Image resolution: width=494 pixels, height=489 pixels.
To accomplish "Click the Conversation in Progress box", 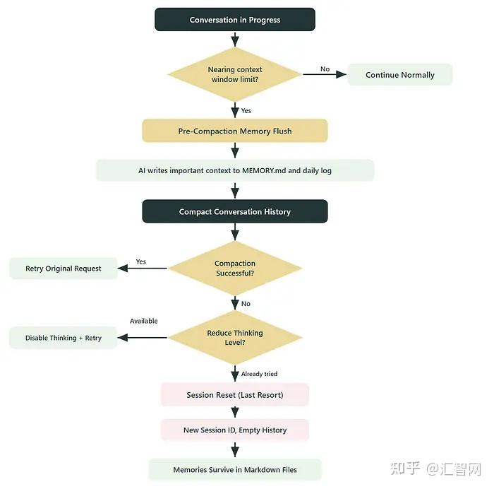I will [234, 20].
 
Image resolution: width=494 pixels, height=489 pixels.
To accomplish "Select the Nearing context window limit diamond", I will [234, 74].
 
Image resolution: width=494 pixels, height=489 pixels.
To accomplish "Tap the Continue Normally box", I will [399, 75].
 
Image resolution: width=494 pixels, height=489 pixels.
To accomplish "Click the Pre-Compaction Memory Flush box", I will [234, 131].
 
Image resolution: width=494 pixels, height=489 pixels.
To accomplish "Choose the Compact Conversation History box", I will [234, 211].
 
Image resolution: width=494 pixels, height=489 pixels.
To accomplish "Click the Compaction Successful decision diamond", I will [234, 268].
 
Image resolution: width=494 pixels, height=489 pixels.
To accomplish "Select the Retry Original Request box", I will [63, 269].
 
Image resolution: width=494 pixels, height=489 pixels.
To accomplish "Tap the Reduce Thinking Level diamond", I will [234, 337].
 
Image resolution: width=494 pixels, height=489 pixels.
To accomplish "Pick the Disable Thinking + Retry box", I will [63, 338].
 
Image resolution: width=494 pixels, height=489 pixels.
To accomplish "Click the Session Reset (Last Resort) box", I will [234, 395].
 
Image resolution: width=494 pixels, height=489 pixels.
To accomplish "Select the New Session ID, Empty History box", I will [234, 430].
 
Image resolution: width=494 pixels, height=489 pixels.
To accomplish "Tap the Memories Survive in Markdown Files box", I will [234, 469].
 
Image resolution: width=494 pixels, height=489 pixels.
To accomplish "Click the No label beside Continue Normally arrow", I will [325, 69].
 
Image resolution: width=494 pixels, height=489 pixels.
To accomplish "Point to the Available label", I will [143, 321].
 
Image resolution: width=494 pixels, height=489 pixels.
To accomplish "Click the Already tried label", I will [259, 374].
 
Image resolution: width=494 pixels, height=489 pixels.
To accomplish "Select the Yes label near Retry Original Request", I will [141, 261].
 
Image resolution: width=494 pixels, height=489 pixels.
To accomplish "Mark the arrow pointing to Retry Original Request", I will [141, 268].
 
